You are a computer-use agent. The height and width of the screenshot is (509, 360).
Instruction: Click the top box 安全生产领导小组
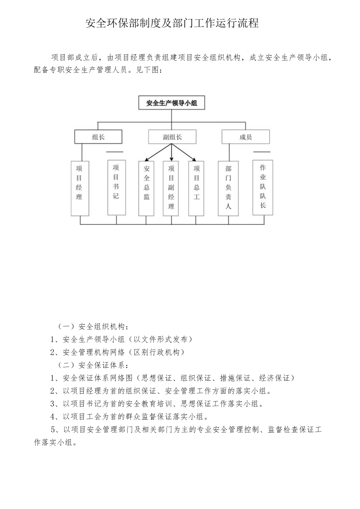click(x=171, y=103)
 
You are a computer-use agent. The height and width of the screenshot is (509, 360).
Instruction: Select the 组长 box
click(x=98, y=137)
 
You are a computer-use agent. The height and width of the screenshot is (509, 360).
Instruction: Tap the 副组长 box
click(x=172, y=137)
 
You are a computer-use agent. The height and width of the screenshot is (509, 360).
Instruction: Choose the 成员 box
click(x=245, y=137)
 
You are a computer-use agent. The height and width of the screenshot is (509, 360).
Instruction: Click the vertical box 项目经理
click(x=79, y=188)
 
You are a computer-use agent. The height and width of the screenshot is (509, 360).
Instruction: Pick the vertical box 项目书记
click(x=116, y=187)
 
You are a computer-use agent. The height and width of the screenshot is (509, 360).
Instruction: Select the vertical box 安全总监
click(x=146, y=188)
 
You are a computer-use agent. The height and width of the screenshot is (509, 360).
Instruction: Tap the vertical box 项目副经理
click(x=171, y=188)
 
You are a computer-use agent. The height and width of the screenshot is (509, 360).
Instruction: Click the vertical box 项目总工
click(x=196, y=188)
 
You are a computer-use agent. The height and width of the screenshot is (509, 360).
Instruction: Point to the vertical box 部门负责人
click(x=229, y=188)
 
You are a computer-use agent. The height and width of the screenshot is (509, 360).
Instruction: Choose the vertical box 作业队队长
click(x=263, y=187)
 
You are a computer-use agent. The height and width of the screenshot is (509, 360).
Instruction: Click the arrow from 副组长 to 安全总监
click(x=157, y=153)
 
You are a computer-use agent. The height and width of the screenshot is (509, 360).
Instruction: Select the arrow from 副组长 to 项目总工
click(x=184, y=153)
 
